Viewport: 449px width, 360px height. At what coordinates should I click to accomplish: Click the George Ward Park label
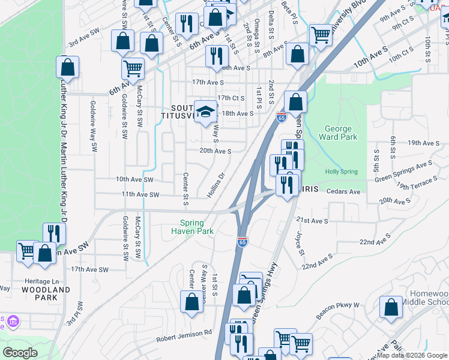340,133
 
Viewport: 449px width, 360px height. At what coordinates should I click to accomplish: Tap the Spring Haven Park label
192,226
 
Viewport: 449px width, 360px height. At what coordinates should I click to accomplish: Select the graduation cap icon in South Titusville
206,112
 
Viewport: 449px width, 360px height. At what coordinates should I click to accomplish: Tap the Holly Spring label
340,172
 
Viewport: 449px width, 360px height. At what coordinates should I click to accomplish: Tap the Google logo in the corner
20,353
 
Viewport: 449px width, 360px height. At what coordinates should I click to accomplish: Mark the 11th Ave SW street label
140,194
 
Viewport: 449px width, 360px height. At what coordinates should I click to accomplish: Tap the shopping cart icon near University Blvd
321,35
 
